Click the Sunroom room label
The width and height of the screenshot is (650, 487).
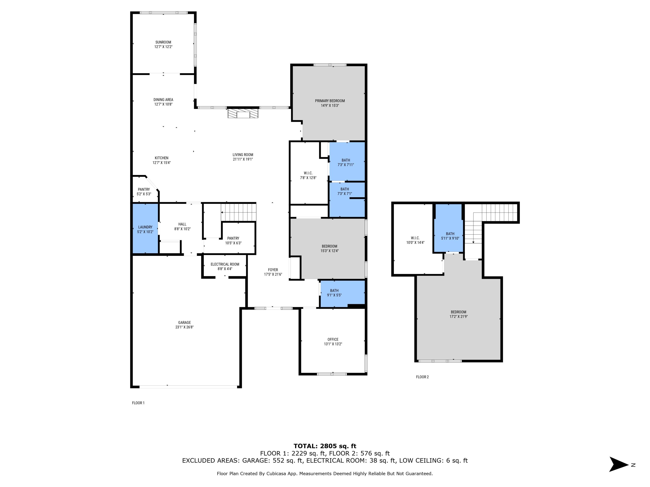tap(163, 42)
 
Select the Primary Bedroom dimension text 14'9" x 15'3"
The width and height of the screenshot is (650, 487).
tap(330, 105)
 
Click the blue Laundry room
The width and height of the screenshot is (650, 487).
tap(145, 229)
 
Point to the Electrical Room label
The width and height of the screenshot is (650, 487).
tap(225, 264)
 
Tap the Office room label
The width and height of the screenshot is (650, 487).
tap(333, 339)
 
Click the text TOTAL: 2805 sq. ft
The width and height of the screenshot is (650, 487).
tap(325, 446)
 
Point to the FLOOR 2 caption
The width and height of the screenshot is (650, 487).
tap(422, 377)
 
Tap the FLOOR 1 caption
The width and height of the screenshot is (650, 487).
tap(138, 403)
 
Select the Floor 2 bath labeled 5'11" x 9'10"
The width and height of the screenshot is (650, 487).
tap(450, 236)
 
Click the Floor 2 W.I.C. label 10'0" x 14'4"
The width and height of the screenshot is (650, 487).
tap(415, 240)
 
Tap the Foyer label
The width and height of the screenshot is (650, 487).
tap(273, 270)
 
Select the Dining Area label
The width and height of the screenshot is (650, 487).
tap(163, 100)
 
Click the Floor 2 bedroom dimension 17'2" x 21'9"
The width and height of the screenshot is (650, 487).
tap(458, 316)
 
